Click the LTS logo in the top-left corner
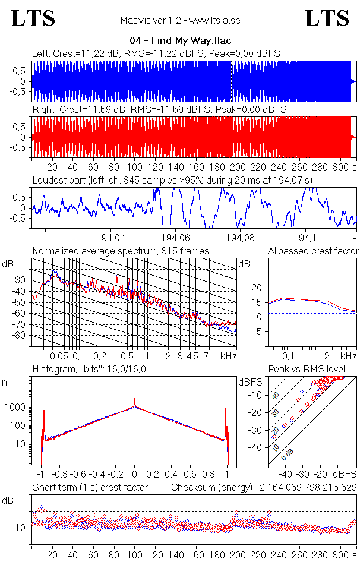pos(33,18)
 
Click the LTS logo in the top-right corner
pos(327,18)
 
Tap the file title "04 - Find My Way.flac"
pos(180,41)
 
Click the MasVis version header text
pos(180,21)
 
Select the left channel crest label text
pos(156,53)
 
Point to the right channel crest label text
pos(159,110)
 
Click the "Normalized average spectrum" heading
pos(121,251)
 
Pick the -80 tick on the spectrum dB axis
pos(21,336)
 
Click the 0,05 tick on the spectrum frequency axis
pos(59,356)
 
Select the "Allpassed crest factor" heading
pos(313,251)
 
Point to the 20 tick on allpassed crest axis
pos(257,288)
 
